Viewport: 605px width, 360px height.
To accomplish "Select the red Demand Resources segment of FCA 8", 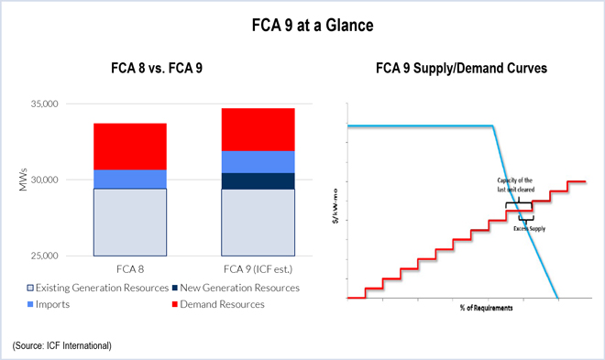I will pos(129,147).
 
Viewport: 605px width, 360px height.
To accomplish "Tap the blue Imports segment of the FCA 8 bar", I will pos(129,180).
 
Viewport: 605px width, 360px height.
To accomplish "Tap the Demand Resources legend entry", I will pos(219,304).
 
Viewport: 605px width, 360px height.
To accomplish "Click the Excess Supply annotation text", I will pos(529,229).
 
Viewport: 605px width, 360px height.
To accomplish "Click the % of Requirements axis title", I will pos(486,308).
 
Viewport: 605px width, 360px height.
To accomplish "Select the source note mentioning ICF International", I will pos(62,344).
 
